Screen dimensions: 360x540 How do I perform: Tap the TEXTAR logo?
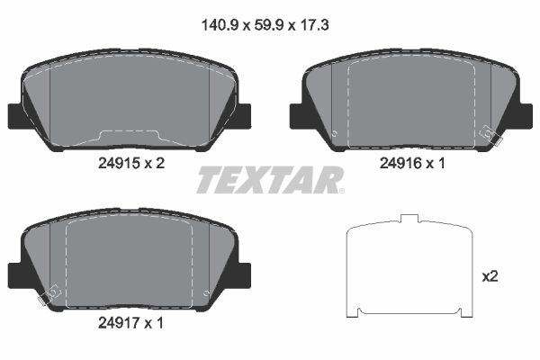point(270,180)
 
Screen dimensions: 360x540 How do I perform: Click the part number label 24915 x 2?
point(131,163)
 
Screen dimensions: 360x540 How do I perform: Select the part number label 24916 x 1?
point(411,163)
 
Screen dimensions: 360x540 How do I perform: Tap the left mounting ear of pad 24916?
point(298,116)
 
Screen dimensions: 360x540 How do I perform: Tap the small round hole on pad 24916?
point(335,135)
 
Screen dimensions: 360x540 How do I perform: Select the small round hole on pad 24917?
point(207,293)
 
